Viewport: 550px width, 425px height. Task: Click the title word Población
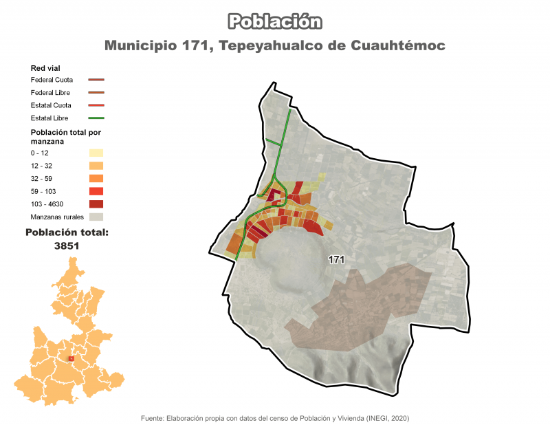pyautogui.click(x=275, y=21)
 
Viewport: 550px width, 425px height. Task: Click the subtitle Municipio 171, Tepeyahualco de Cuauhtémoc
pyautogui.click(x=275, y=45)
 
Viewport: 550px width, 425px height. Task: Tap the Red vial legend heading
pyautogui.click(x=46, y=68)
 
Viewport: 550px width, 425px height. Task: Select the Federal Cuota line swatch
pyautogui.click(x=96, y=80)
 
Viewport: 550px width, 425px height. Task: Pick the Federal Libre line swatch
pyautogui.click(x=96, y=92)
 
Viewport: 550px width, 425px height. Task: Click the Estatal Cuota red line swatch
pyautogui.click(x=96, y=105)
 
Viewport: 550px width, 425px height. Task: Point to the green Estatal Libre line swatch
pyautogui.click(x=96, y=118)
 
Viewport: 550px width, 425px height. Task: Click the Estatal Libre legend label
pyautogui.click(x=49, y=118)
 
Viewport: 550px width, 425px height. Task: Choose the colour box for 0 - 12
pyautogui.click(x=96, y=153)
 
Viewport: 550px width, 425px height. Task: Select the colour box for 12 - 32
pyautogui.click(x=96, y=166)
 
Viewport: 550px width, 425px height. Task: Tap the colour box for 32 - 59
pyautogui.click(x=96, y=178)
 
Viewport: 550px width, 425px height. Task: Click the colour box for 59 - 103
pyautogui.click(x=96, y=191)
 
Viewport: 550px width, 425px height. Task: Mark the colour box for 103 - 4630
pyautogui.click(x=96, y=204)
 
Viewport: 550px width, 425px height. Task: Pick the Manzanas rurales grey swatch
pyautogui.click(x=96, y=217)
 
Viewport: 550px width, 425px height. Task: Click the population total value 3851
pyautogui.click(x=67, y=246)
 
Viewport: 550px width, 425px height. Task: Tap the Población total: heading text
pyautogui.click(x=67, y=232)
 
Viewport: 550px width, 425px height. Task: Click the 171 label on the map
pyautogui.click(x=336, y=260)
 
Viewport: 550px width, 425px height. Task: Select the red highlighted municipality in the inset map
pyautogui.click(x=71, y=358)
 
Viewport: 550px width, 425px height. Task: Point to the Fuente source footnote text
pyautogui.click(x=275, y=418)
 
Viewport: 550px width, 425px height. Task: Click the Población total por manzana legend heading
pyautogui.click(x=66, y=135)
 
